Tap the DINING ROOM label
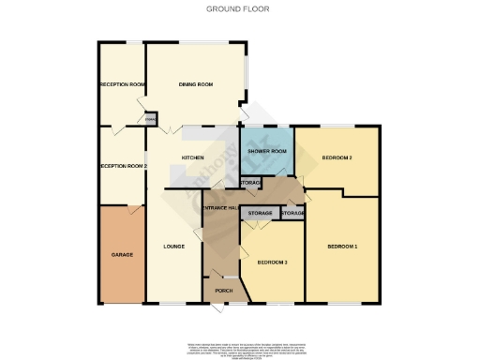click(196, 85)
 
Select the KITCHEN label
click(193, 158)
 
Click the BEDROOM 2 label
click(337, 158)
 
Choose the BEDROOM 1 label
click(342, 246)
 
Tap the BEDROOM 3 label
click(272, 262)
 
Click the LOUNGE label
click(172, 247)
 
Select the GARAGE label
click(122, 254)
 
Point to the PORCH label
click(223, 292)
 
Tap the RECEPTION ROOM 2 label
click(123, 166)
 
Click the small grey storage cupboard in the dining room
click(151, 119)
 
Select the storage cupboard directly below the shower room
click(249, 183)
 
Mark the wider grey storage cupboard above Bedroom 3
click(260, 214)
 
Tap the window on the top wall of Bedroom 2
click(337, 127)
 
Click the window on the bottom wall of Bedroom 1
click(343, 303)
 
